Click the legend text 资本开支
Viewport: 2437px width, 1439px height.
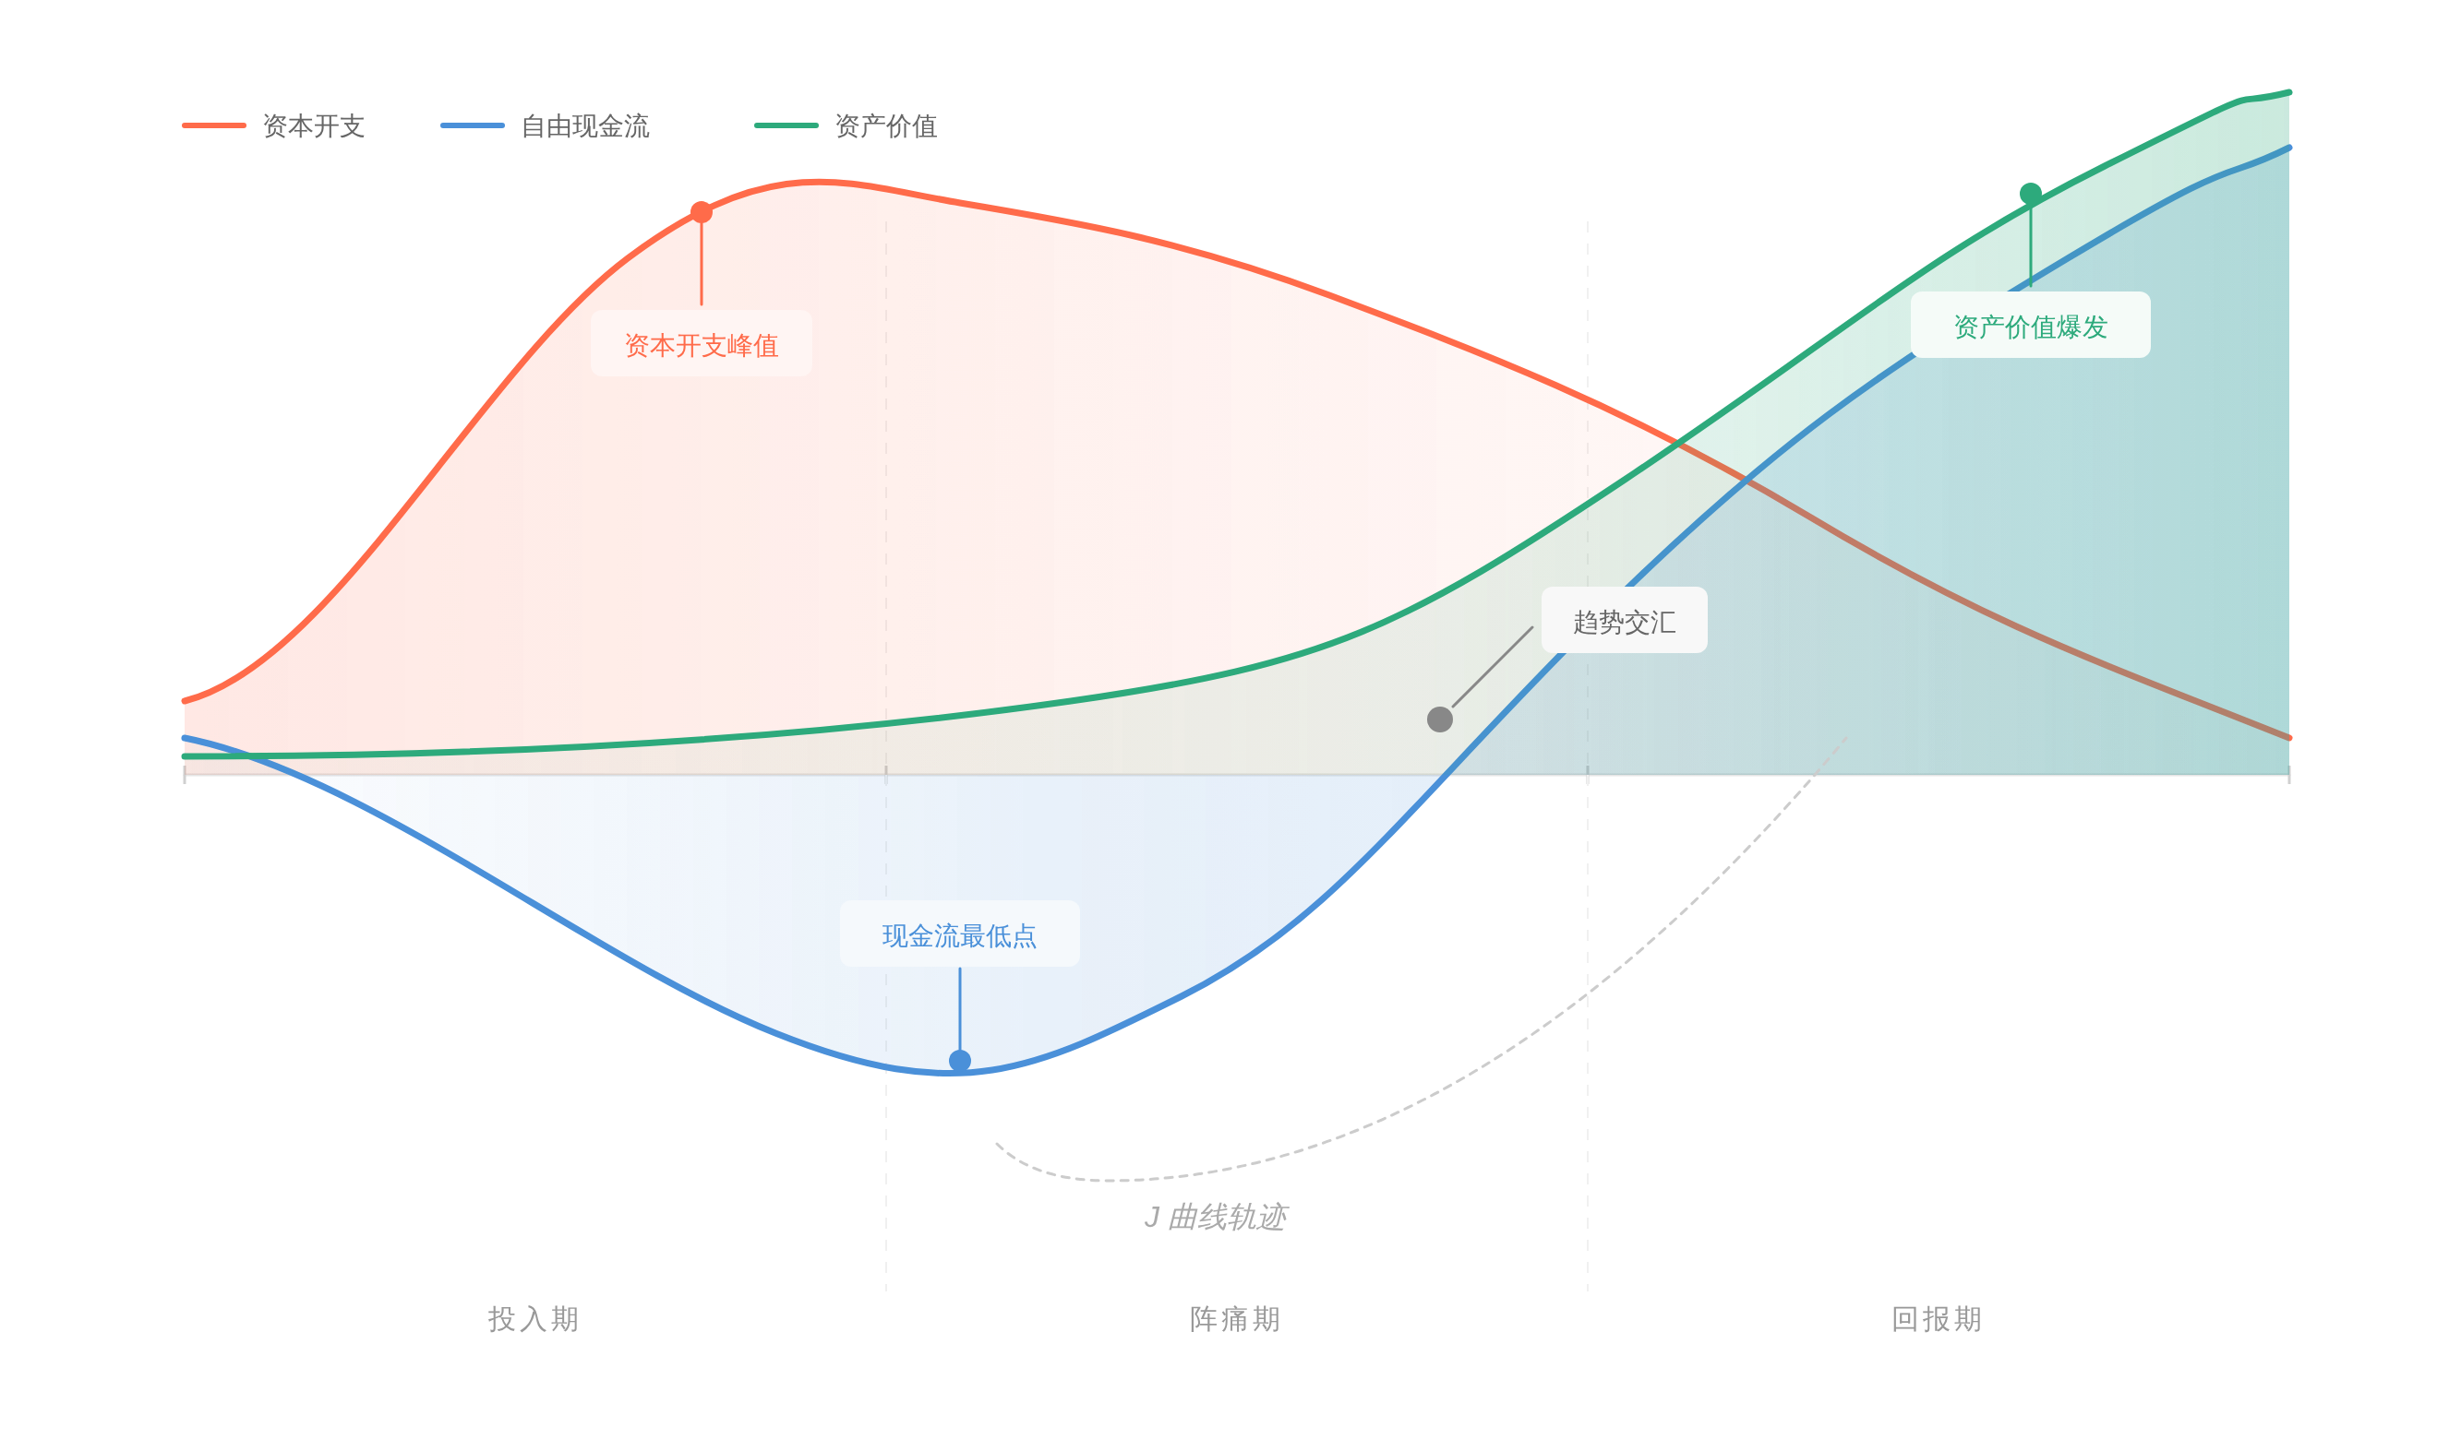[x=312, y=126]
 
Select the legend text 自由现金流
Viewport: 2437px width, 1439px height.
[x=584, y=126]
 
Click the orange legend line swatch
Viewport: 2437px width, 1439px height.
[x=213, y=125]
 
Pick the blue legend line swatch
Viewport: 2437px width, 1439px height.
[x=472, y=125]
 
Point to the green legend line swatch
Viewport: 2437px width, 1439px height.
[x=786, y=125]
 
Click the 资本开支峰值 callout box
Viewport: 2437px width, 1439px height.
[x=701, y=343]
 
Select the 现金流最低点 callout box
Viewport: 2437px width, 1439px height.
[x=958, y=934]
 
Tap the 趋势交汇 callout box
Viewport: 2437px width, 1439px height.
[x=1623, y=621]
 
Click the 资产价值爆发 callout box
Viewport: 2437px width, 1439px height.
[x=2030, y=325]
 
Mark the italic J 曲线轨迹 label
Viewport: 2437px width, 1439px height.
[x=1215, y=1217]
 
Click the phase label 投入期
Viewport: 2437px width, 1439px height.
[x=533, y=1319]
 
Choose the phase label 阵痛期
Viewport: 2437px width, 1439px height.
[x=1234, y=1319]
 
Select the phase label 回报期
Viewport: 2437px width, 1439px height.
[x=1936, y=1319]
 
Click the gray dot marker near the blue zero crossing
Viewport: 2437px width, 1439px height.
[x=1440, y=719]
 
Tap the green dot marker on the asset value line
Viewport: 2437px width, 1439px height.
[x=2031, y=193]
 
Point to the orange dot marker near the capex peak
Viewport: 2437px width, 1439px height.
[x=700, y=209]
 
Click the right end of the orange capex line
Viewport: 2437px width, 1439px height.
[x=2288, y=738]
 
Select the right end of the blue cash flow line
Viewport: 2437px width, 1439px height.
[x=2288, y=148]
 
